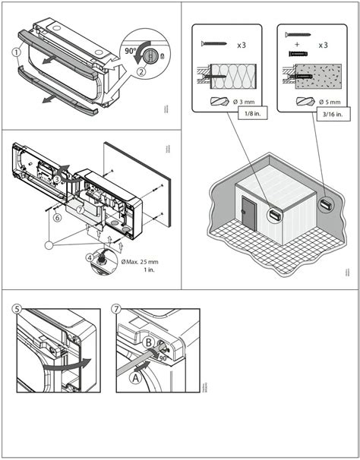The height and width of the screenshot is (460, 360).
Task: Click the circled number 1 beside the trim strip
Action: click(16, 52)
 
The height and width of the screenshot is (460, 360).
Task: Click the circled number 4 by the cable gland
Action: click(90, 257)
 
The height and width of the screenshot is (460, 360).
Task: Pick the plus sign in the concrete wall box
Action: click(298, 46)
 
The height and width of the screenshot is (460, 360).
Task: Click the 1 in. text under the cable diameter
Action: click(139, 272)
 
